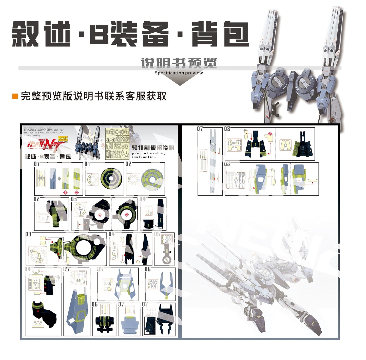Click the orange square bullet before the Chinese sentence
15,96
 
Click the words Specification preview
179,73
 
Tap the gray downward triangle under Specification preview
180,81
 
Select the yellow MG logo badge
63,139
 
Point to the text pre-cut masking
149,153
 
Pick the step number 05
66,269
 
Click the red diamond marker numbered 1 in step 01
65,192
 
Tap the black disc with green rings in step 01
111,179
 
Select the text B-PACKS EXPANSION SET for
44,130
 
